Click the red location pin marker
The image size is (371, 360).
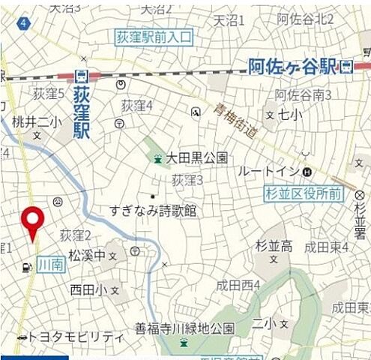(x=32, y=220)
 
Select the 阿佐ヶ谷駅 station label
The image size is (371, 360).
(x=293, y=67)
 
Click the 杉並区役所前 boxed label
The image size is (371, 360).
(x=304, y=194)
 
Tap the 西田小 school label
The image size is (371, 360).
(x=89, y=289)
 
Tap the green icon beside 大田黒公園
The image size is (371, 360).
(x=157, y=157)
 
